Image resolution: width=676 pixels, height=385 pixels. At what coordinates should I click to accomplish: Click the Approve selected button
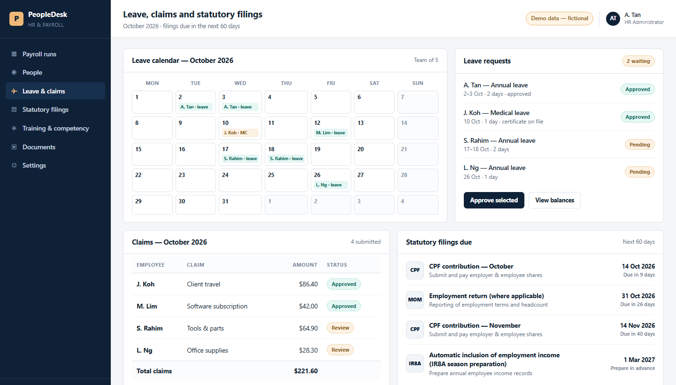(x=494, y=200)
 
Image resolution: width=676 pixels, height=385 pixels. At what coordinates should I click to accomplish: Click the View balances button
(x=554, y=200)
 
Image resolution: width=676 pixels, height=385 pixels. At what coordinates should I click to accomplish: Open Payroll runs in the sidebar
(x=39, y=54)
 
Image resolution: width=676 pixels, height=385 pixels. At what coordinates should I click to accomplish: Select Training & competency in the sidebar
(x=55, y=128)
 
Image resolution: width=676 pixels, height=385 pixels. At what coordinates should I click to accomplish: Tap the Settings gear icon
(x=14, y=165)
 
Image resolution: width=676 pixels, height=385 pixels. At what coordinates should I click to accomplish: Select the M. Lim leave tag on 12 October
(x=330, y=133)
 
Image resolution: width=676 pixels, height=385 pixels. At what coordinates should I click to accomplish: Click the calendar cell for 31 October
(x=240, y=205)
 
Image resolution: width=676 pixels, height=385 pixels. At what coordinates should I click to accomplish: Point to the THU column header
(x=286, y=83)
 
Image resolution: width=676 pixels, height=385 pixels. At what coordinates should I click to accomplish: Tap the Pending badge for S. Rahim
(x=639, y=145)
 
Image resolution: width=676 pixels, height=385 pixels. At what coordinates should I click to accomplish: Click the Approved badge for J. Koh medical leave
(x=638, y=117)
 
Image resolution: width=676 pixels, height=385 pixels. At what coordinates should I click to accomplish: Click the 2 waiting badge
(x=638, y=61)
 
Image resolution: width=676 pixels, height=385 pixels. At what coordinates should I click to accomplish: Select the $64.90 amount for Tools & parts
(x=308, y=328)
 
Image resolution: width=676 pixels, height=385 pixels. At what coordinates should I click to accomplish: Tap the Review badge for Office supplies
(x=340, y=350)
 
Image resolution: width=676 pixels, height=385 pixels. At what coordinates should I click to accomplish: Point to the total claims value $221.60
(x=306, y=371)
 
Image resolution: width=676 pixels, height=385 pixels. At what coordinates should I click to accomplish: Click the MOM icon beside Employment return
(x=415, y=300)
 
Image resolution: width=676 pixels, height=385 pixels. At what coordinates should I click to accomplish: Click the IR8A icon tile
(x=415, y=363)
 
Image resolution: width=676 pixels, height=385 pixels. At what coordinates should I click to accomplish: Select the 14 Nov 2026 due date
(x=638, y=325)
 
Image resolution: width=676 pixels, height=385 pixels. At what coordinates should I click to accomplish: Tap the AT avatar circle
(x=613, y=18)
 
